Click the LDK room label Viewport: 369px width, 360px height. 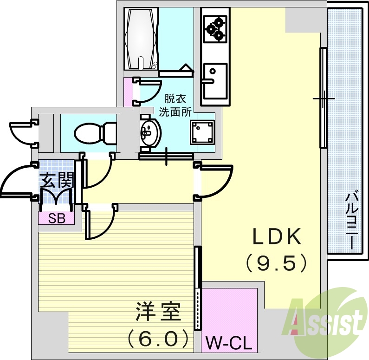click(277, 237)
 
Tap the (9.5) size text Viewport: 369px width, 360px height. click(277, 263)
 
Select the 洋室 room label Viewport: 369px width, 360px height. click(158, 311)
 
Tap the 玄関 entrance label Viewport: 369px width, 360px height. click(57, 180)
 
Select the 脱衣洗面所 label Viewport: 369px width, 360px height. click(175, 105)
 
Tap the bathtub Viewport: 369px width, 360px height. click(142, 39)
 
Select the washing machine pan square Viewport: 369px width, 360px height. click(202, 132)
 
